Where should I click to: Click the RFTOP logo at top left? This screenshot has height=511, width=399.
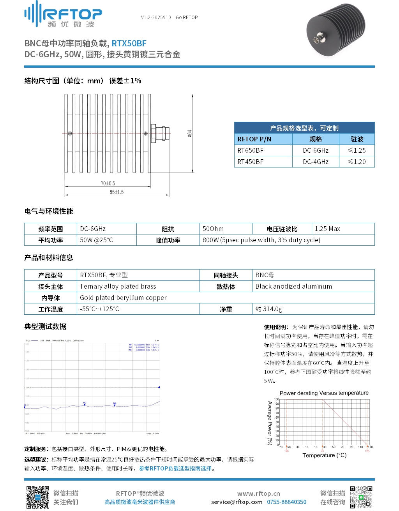pos(63,15)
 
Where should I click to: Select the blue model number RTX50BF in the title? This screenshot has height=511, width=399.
pos(129,44)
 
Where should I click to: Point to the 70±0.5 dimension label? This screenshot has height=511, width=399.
pos(108,183)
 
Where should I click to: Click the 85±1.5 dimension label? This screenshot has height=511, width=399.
pos(117,192)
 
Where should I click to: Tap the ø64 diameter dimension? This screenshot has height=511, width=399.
pos(189,134)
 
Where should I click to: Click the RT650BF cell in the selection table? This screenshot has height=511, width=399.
pos(251,150)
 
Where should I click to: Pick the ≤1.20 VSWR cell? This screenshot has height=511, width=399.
pos(357,162)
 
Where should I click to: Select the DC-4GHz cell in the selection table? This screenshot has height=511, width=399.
pos(316,162)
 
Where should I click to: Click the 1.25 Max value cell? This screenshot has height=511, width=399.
pos(327,229)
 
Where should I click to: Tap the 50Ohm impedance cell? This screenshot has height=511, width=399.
pos(213,229)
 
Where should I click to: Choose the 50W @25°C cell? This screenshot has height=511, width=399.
pos(96,240)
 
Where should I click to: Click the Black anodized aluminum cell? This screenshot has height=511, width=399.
pos(294,286)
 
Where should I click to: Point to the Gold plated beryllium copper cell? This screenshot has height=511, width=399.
pos(123,298)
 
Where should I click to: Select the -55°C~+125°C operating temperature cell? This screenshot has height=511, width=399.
pos(99,309)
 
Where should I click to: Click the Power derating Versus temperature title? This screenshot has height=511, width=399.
pos(324,393)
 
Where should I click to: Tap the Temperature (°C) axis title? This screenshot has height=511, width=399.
pos(324,455)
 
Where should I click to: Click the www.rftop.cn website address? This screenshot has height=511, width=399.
pos(258,493)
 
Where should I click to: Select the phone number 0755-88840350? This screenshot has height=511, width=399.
pos(286,502)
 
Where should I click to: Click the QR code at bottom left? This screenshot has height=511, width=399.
pos(37,497)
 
